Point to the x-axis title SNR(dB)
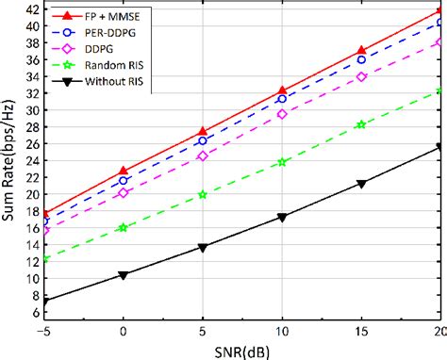(241, 351)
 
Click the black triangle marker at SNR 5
(203, 247)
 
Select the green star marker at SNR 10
(282, 162)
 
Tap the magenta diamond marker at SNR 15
(361, 77)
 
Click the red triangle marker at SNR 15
(361, 50)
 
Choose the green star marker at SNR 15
(361, 124)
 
